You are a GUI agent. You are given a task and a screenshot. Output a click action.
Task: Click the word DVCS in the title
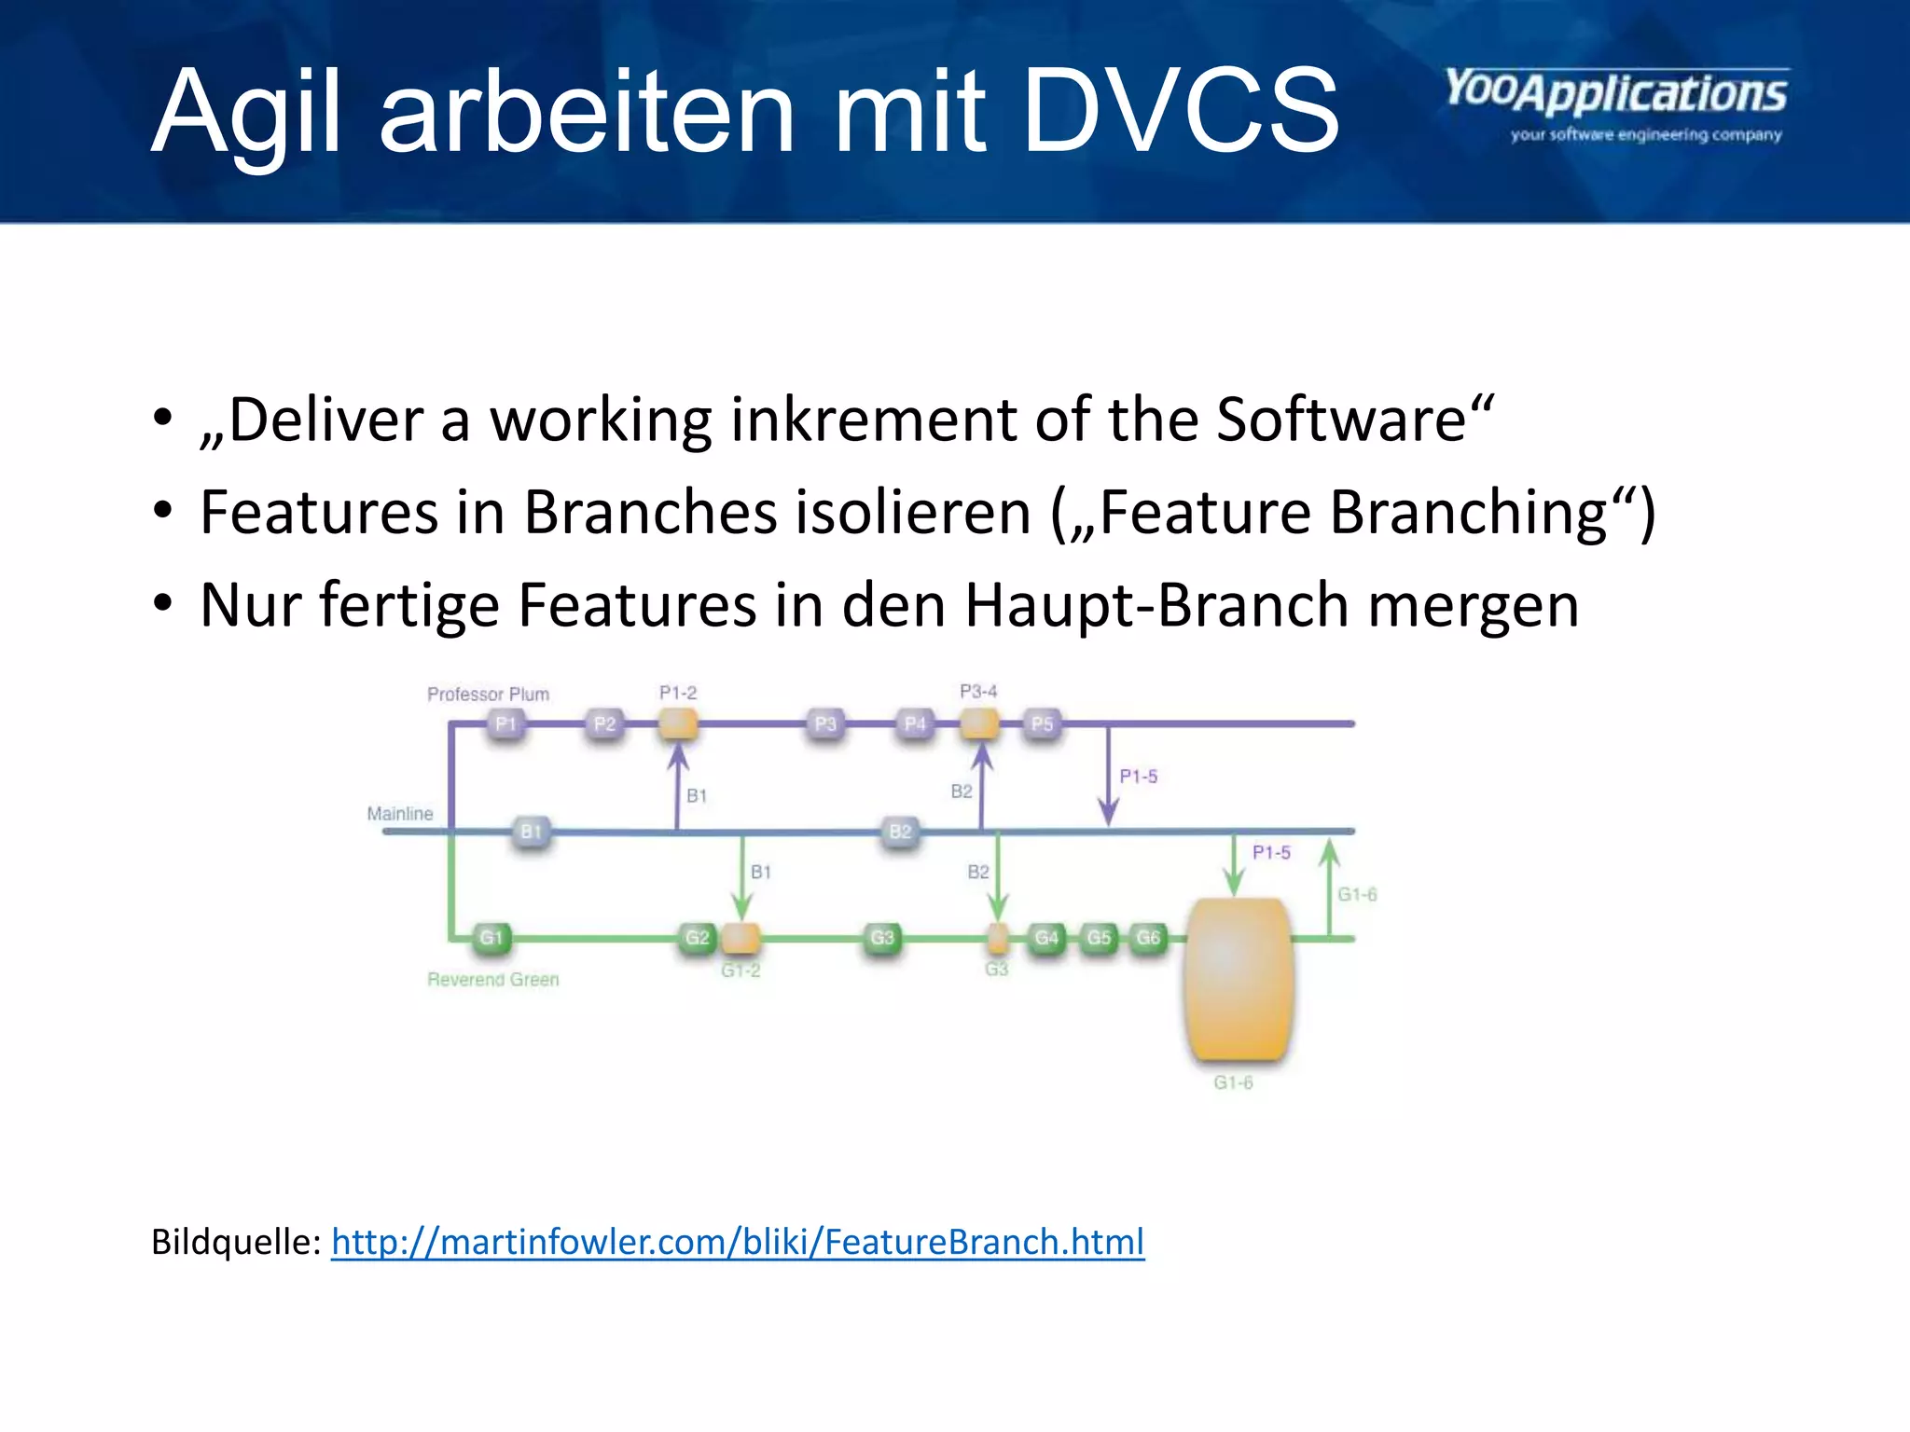click(x=1181, y=112)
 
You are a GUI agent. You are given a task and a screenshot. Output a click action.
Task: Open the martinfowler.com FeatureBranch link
click(x=738, y=1242)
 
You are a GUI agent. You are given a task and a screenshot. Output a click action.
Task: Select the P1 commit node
click(x=505, y=723)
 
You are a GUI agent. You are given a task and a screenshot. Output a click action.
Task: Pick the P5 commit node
click(x=1042, y=723)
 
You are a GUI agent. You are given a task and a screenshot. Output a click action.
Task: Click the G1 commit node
click(x=491, y=937)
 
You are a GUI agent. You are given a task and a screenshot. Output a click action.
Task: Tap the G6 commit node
click(x=1148, y=937)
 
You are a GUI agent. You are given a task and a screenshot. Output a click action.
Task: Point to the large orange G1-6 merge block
click(x=1238, y=979)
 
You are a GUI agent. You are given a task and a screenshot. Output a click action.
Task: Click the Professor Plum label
click(x=488, y=694)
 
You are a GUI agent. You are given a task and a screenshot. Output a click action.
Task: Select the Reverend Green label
click(x=492, y=979)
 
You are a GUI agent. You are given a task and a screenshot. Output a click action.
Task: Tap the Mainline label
click(x=400, y=813)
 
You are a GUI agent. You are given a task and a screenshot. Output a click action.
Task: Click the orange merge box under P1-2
click(x=678, y=723)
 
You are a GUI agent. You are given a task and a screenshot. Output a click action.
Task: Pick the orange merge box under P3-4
click(x=979, y=723)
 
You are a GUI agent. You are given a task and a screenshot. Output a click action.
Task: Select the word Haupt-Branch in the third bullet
click(x=1156, y=605)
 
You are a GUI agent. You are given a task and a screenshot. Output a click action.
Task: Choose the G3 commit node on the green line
click(x=881, y=937)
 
